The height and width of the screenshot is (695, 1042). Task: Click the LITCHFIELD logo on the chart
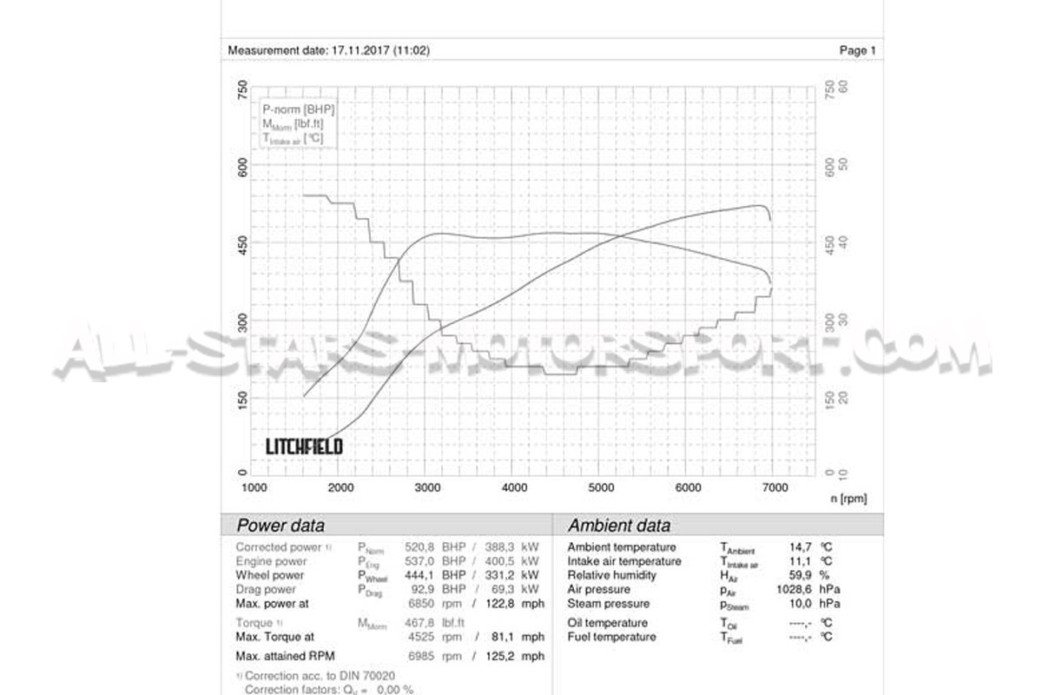click(304, 447)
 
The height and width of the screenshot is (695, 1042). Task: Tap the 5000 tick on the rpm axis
click(601, 488)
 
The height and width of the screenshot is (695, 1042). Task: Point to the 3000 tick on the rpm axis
click(427, 488)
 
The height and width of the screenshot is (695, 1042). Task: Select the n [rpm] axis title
click(848, 499)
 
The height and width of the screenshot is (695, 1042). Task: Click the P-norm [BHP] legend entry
click(298, 109)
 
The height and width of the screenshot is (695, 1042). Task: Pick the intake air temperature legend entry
click(293, 138)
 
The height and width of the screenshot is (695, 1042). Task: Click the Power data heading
click(280, 526)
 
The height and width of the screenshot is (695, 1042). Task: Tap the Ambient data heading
click(618, 526)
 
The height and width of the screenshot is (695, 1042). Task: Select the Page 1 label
click(857, 50)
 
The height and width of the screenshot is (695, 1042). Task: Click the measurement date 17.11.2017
click(359, 50)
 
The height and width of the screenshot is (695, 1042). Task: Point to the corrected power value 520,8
click(419, 547)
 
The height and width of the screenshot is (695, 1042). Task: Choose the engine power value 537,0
click(419, 561)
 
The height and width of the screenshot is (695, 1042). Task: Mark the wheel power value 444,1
click(419, 575)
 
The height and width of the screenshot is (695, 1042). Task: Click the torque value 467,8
click(419, 623)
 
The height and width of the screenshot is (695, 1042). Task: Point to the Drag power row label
click(266, 589)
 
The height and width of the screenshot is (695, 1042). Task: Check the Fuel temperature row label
click(611, 637)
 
